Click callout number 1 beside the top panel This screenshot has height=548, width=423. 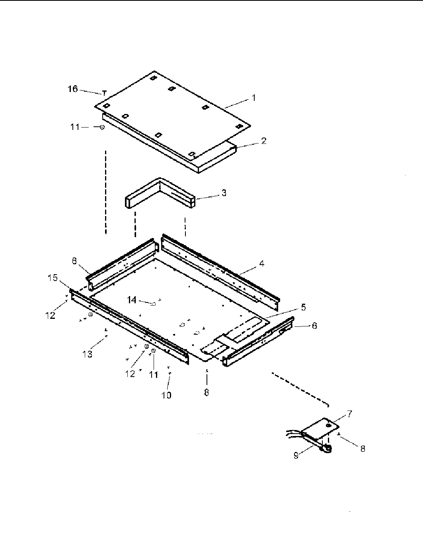[x=253, y=98]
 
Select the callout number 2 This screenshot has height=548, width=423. [x=263, y=141]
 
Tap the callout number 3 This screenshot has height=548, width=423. [x=224, y=193]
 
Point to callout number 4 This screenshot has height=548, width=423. [x=262, y=263]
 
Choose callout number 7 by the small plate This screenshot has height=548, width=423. [x=349, y=414]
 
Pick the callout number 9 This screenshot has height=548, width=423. [x=296, y=456]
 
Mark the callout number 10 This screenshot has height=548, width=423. [x=166, y=395]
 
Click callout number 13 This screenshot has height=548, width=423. [x=87, y=354]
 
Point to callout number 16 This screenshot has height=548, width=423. [x=73, y=89]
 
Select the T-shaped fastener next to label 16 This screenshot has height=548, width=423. [x=105, y=94]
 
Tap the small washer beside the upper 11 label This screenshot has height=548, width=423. [x=102, y=127]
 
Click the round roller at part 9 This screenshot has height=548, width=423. [x=327, y=450]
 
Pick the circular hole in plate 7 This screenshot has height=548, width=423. [x=328, y=426]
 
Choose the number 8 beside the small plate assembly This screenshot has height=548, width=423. [x=363, y=449]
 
